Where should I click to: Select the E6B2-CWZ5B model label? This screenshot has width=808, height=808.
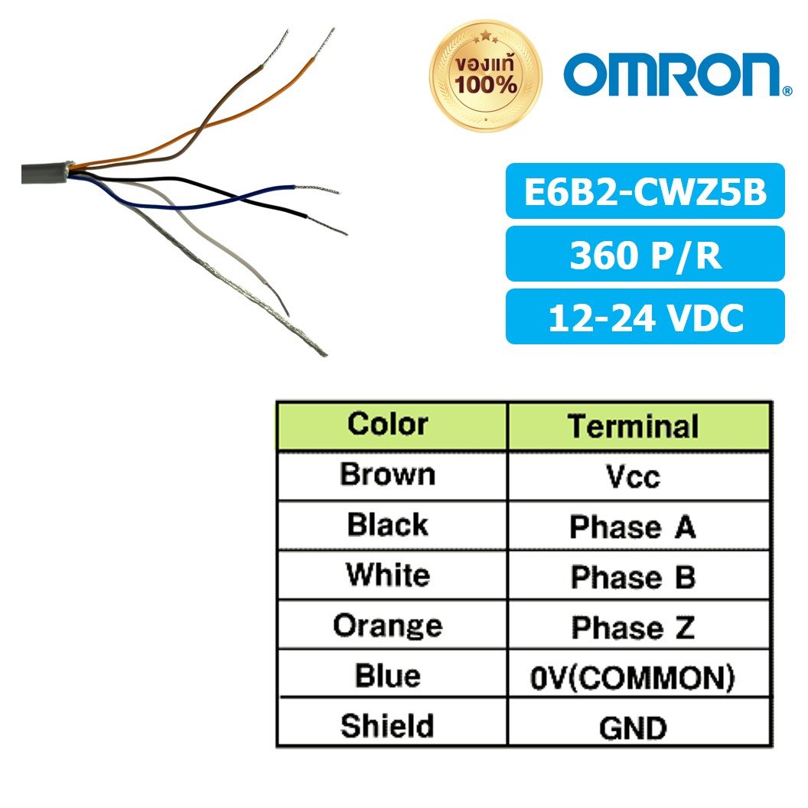tap(645, 191)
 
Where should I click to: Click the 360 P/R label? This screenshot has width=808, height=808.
tap(645, 255)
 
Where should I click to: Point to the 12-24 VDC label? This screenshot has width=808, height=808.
tap(645, 317)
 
